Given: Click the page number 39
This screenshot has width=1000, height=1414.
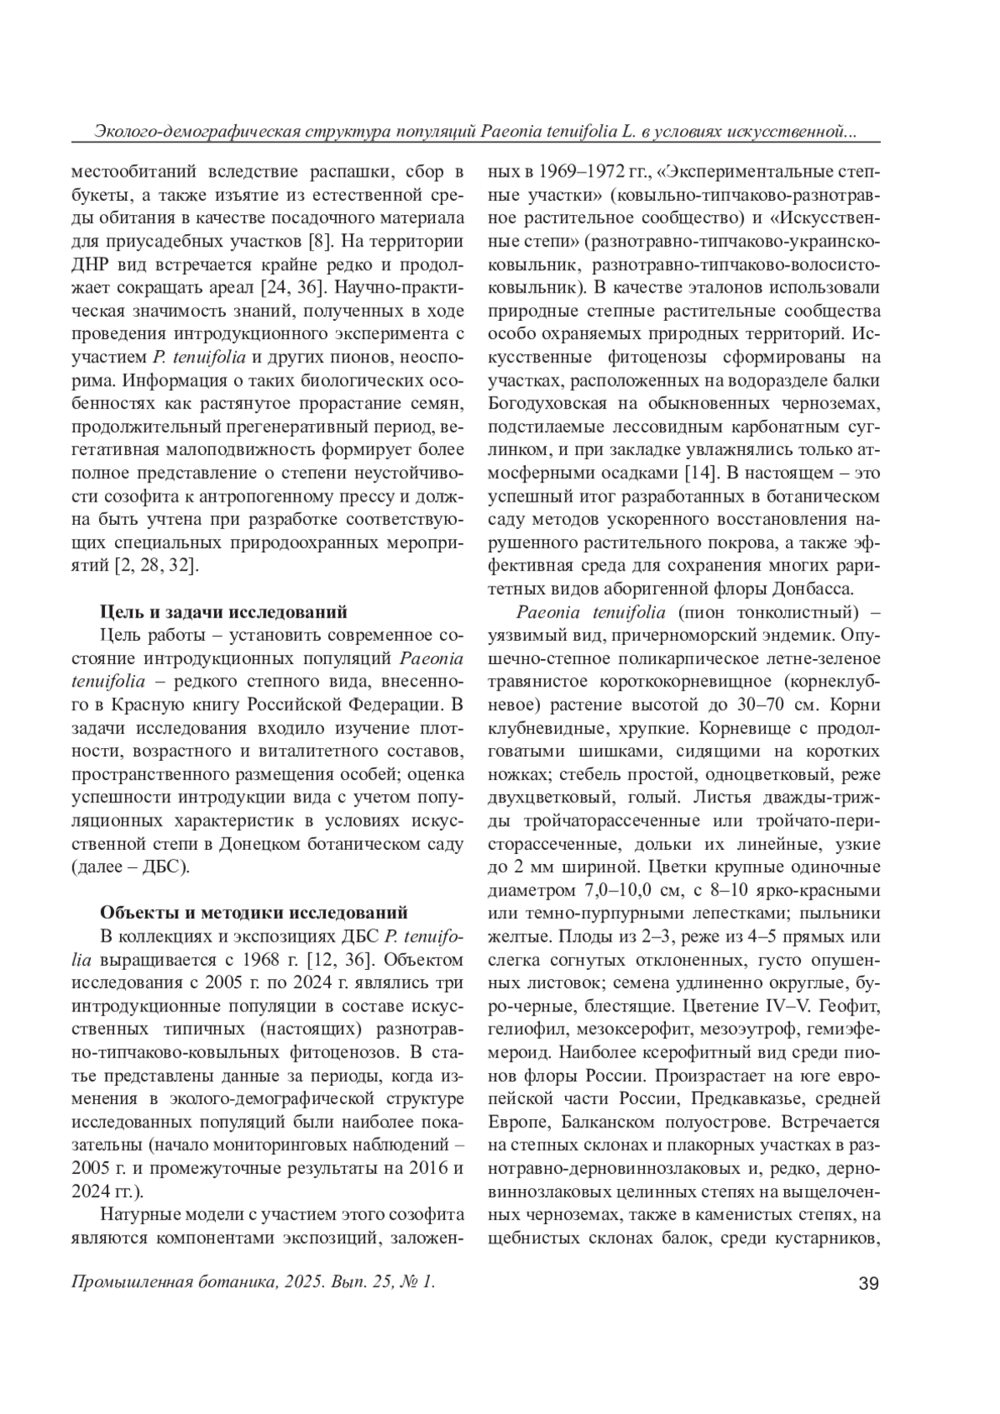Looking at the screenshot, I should point(867,1283).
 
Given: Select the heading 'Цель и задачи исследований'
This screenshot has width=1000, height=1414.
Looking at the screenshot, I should point(223,612).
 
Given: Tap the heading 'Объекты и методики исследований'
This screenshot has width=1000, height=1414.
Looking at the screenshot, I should point(254,910).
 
